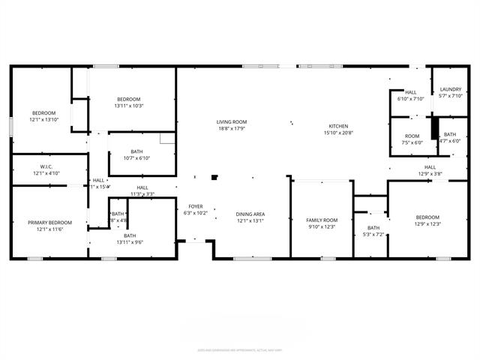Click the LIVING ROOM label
click(231, 121)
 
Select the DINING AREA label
click(250, 214)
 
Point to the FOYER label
click(195, 205)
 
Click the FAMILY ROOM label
click(322, 220)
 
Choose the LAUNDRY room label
click(451, 89)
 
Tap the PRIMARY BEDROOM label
click(50, 223)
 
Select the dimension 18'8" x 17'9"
click(231, 128)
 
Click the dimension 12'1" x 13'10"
click(43, 119)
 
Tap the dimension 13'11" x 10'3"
click(128, 106)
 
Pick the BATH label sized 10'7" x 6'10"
click(136, 151)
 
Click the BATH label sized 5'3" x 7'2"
click(373, 228)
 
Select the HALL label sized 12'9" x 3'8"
click(430, 167)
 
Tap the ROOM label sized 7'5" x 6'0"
click(412, 136)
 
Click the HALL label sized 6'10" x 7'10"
click(411, 92)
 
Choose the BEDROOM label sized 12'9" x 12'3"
click(427, 217)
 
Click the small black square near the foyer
click(214, 178)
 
